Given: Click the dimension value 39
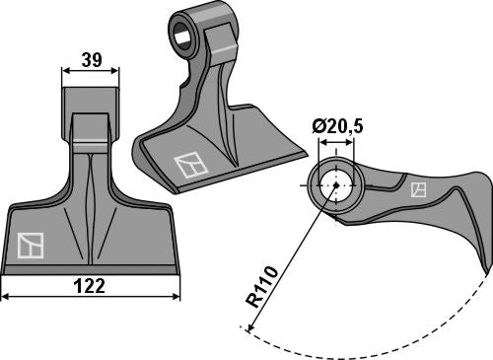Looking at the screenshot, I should coord(91,59).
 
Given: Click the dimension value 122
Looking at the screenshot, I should coord(91,286).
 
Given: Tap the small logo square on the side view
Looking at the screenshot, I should coord(418,187).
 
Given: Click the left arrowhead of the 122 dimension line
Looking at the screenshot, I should coord(5,295).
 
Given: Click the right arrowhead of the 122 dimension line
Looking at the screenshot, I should coord(177,295).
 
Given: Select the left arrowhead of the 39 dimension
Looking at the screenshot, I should coord(65,70).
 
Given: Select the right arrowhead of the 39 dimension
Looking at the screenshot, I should coord(116,70).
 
